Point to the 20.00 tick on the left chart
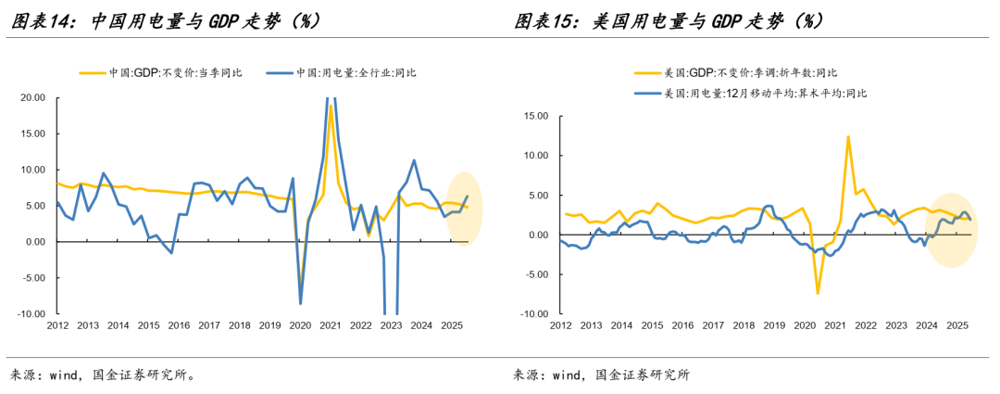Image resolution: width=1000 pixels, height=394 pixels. pyautogui.click(x=32, y=97)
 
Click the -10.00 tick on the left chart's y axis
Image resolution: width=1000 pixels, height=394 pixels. pyautogui.click(x=31, y=314)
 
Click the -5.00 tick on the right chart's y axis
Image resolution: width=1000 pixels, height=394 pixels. pyautogui.click(x=538, y=274)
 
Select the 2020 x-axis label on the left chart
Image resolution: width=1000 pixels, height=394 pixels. pyautogui.click(x=300, y=326)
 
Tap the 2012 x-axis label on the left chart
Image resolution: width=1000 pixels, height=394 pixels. pyautogui.click(x=57, y=326)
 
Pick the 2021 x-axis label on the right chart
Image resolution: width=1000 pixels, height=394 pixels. pyautogui.click(x=834, y=326)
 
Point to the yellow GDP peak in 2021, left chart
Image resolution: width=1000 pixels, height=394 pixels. pyautogui.click(x=331, y=107)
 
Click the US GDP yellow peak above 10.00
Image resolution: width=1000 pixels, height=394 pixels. pyautogui.click(x=847, y=137)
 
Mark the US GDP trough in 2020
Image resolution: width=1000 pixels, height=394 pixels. pyautogui.click(x=818, y=293)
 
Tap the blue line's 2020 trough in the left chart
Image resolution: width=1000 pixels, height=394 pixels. pyautogui.click(x=300, y=302)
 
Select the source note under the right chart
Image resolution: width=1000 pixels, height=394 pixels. pyautogui.click(x=602, y=375)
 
